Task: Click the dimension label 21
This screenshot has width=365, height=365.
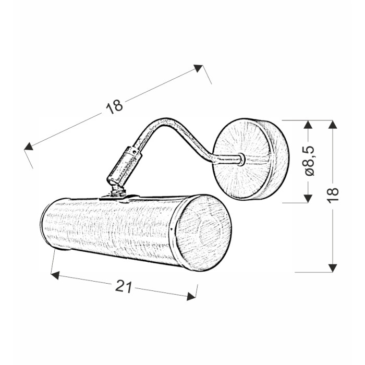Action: pos(124,287)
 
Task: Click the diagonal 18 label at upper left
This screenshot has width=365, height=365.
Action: pos(114,107)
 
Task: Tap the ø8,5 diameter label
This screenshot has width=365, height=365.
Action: pos(309,161)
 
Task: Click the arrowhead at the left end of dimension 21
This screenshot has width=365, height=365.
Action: pos(55,275)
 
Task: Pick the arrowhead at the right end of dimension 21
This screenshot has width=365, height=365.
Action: pos(191,296)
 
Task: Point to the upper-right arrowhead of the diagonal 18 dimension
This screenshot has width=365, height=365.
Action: pos(198,68)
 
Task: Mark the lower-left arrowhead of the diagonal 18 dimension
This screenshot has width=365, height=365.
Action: pos(28,146)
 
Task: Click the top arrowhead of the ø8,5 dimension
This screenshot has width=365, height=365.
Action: pos(308,124)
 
